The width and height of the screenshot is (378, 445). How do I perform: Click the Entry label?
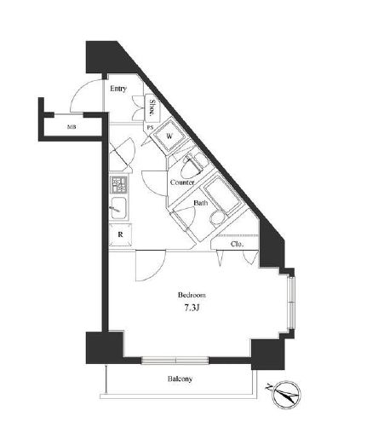[117, 88]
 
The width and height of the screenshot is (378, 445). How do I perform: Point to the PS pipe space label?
[150, 129]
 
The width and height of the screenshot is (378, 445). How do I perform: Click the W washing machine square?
[170, 136]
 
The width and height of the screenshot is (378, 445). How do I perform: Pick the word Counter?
[182, 183]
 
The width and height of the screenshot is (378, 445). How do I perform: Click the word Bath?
[200, 203]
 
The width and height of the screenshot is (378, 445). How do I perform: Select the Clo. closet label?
[238, 245]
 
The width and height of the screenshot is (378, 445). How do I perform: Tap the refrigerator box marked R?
[121, 235]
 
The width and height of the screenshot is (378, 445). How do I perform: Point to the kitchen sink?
[119, 206]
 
